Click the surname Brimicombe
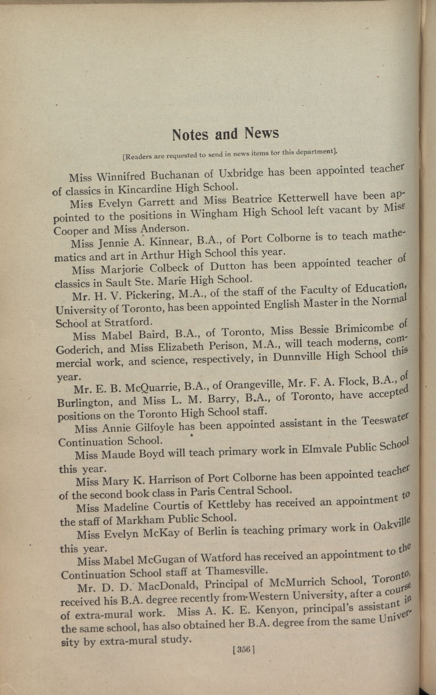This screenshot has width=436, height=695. (364, 328)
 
